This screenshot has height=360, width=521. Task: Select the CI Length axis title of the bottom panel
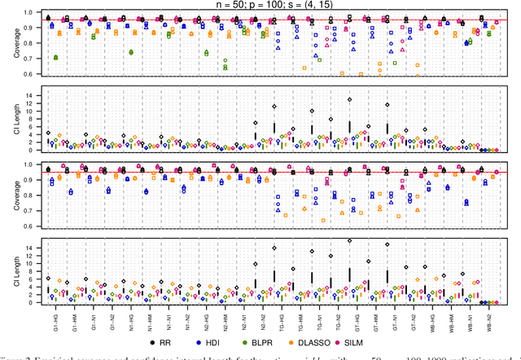tap(9, 272)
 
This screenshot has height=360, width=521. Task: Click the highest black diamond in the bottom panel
tap(350, 241)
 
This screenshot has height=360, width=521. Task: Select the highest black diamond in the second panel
tap(350, 99)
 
